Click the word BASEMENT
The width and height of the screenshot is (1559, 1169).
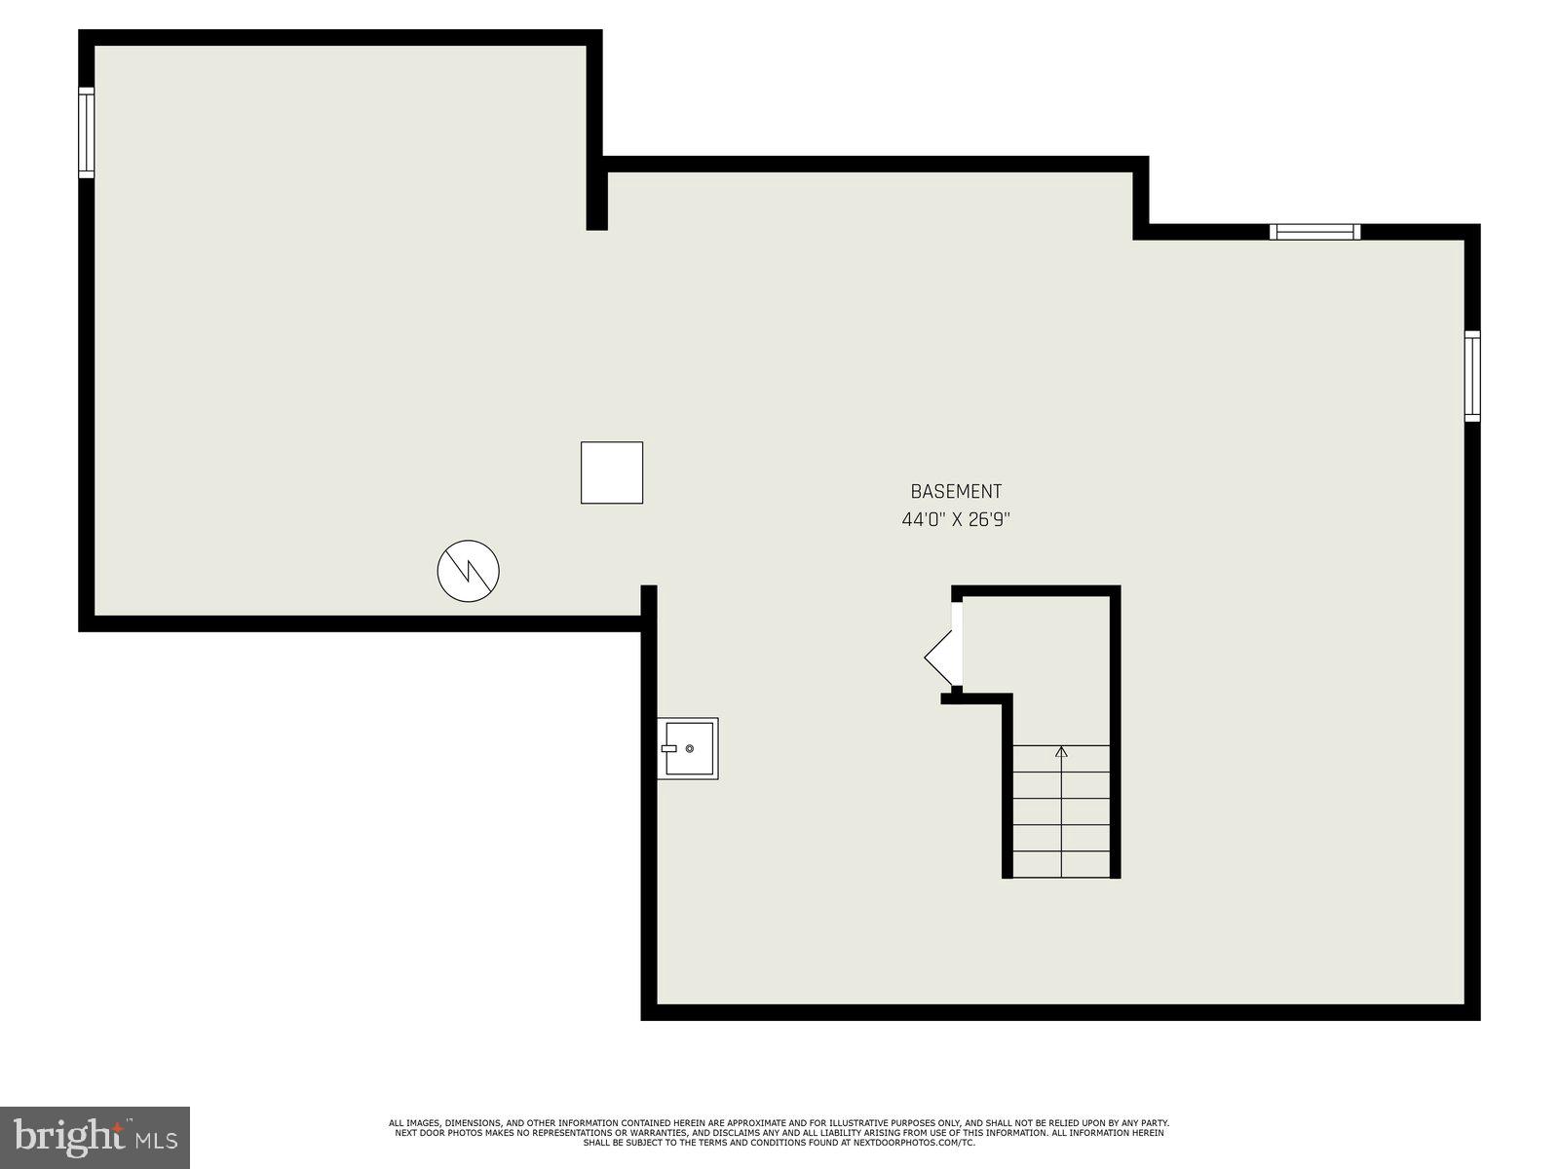(956, 492)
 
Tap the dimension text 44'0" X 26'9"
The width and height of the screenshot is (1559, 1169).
(956, 520)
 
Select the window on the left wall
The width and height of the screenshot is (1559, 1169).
(87, 132)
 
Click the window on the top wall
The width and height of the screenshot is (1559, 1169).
(1314, 232)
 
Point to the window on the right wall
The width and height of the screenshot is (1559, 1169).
(1472, 376)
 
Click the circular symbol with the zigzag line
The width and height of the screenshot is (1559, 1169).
(469, 571)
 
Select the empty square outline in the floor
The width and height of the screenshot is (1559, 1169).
(612, 472)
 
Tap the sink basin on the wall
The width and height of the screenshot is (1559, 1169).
(687, 749)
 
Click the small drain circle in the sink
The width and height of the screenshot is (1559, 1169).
(690, 748)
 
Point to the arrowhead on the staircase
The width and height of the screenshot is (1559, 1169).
(1061, 751)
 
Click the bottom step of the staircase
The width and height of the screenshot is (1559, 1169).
(1061, 864)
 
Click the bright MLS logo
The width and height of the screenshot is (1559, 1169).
(95, 1138)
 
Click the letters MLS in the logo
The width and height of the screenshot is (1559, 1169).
(156, 1140)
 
